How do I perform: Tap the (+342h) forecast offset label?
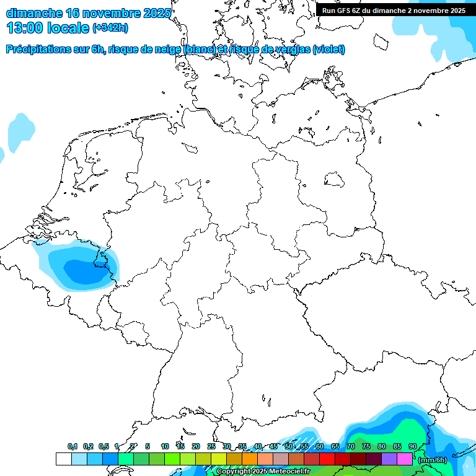tap(110, 28)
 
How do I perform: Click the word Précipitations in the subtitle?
tap(37, 50)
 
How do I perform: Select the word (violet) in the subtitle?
tap(329, 50)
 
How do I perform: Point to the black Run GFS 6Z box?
tap(394, 11)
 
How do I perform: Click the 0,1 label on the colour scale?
tap(73, 447)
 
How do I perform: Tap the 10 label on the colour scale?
tap(165, 447)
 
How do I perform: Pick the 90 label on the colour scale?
tap(413, 447)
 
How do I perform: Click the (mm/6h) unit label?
tap(432, 459)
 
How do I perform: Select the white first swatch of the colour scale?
tap(63, 459)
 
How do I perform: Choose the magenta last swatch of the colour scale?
tap(405, 459)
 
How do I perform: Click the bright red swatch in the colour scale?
tap(327, 459)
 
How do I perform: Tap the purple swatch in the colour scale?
tap(389, 459)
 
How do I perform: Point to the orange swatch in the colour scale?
tap(250, 459)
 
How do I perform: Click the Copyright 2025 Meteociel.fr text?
tap(263, 472)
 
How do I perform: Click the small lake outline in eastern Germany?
tap(335, 180)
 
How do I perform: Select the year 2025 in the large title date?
tap(156, 13)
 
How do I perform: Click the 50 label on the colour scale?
tap(289, 447)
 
